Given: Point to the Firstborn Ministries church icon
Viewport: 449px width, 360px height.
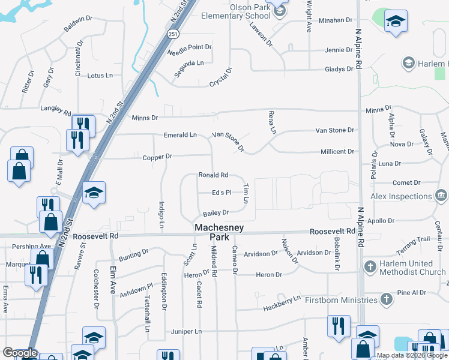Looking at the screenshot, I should (x=387, y=298).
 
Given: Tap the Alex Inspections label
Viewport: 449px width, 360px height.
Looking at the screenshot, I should (x=401, y=196).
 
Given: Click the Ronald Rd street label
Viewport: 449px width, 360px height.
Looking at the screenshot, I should (x=213, y=175).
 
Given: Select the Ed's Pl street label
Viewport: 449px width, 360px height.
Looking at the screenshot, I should (x=221, y=193).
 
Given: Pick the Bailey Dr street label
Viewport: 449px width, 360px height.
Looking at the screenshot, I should (x=216, y=213).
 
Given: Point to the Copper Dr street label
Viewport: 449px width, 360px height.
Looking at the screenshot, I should (x=157, y=157).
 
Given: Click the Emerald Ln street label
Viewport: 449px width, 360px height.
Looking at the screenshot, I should (x=181, y=135).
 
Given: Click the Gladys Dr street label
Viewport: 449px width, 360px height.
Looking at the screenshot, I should (x=339, y=70).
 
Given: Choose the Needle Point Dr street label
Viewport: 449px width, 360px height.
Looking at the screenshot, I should (x=189, y=47).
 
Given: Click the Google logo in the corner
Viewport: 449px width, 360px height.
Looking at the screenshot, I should (x=20, y=353).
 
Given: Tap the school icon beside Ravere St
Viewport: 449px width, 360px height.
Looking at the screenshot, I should (x=94, y=193).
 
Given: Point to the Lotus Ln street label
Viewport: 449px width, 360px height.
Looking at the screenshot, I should (x=100, y=76).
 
